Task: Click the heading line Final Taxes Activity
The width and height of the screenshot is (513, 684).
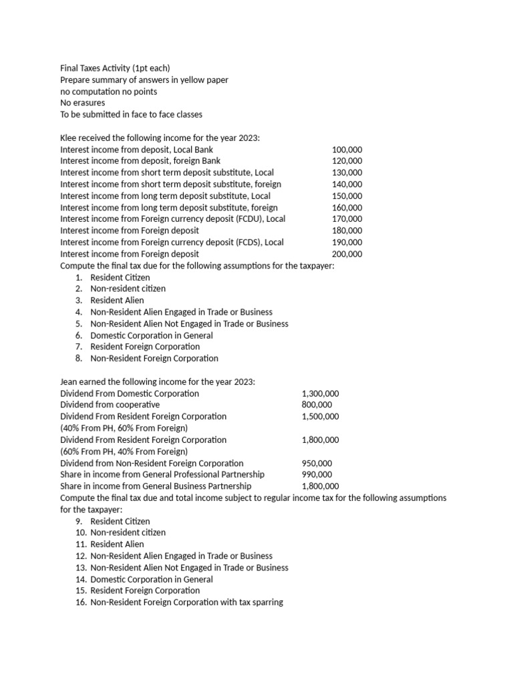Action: (x=115, y=68)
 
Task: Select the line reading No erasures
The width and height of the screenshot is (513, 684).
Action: (x=83, y=103)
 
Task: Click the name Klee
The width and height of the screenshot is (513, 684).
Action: (x=69, y=138)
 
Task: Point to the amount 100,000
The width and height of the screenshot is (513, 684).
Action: (x=347, y=150)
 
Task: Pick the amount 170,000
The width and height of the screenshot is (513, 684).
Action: (x=347, y=219)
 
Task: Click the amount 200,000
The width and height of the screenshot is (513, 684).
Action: (x=347, y=254)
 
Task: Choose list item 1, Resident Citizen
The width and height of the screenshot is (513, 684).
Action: (x=120, y=277)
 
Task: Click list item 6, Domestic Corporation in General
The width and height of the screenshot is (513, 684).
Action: (x=152, y=335)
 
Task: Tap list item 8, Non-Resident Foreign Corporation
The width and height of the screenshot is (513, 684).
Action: (x=154, y=358)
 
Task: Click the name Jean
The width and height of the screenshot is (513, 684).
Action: (x=69, y=381)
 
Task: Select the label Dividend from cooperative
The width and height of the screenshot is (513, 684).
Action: (x=110, y=405)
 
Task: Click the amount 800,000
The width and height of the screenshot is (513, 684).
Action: (x=316, y=405)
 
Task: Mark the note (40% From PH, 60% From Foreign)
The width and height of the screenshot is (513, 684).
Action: (x=124, y=428)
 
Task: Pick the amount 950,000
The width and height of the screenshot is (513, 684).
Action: (x=316, y=463)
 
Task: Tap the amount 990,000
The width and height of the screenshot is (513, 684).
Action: (x=316, y=474)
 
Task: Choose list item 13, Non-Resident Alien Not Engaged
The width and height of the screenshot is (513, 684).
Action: (x=189, y=567)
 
